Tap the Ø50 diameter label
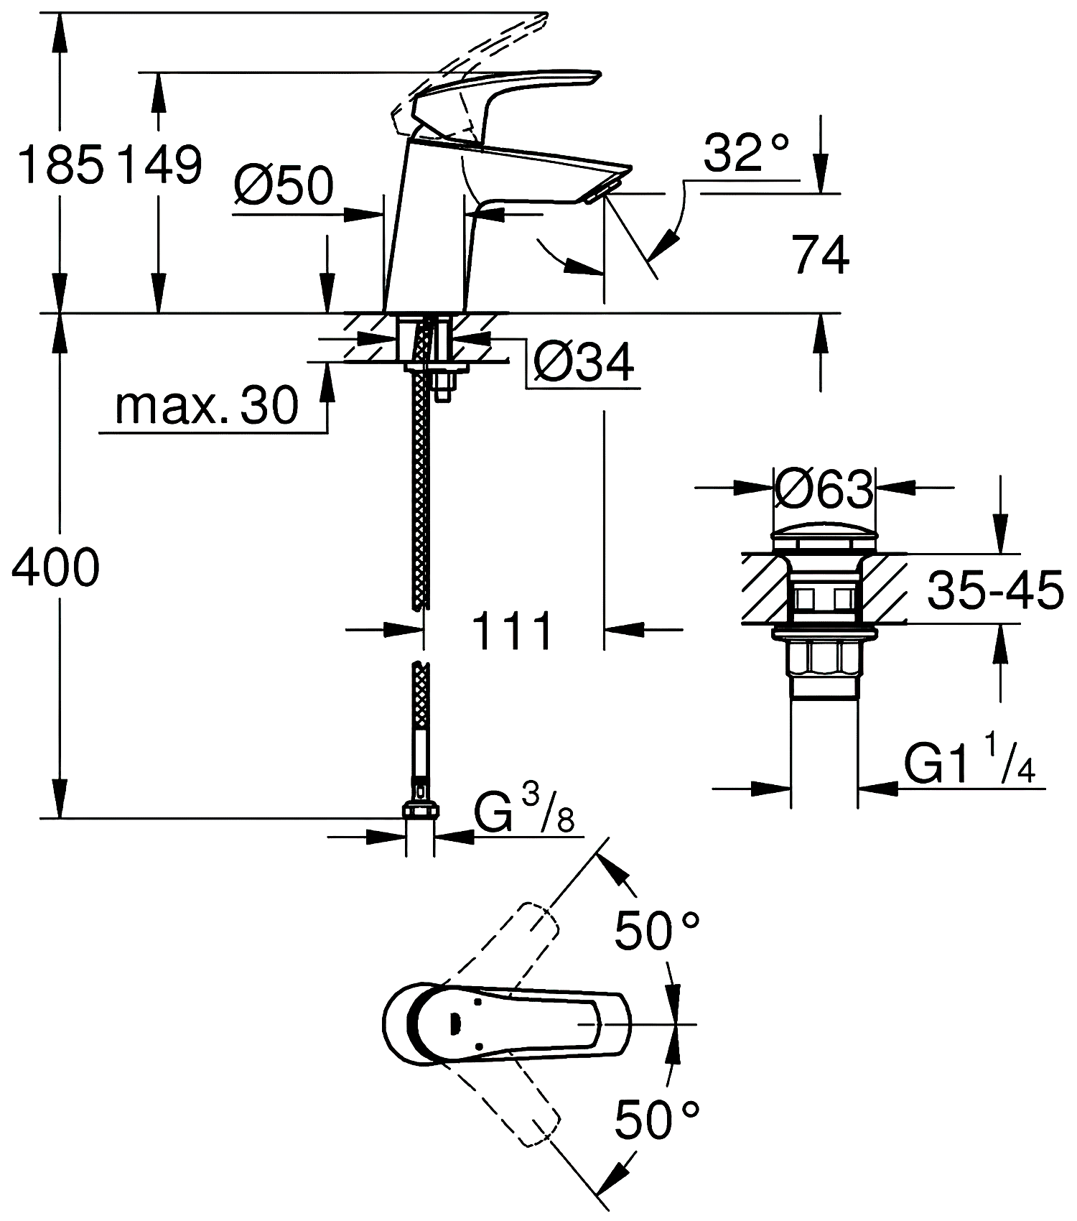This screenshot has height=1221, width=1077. click(x=284, y=185)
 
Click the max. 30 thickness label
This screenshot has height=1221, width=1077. click(x=207, y=405)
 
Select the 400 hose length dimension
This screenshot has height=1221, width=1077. click(x=56, y=567)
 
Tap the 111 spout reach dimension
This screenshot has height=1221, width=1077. click(x=512, y=631)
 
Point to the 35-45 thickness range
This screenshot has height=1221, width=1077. click(x=995, y=591)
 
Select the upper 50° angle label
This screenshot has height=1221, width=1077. click(x=656, y=931)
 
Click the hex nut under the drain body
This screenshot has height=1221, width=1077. click(x=824, y=658)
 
